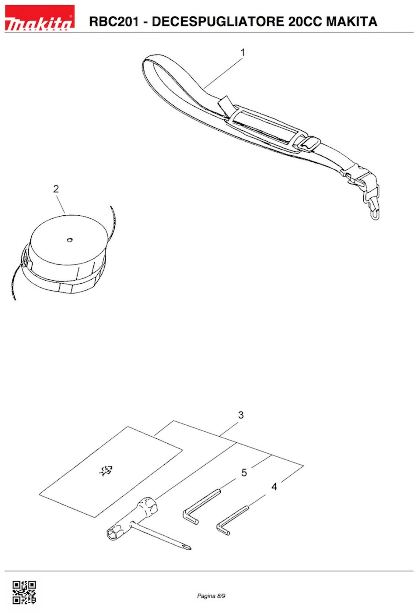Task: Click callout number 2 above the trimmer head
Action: click(56, 189)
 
